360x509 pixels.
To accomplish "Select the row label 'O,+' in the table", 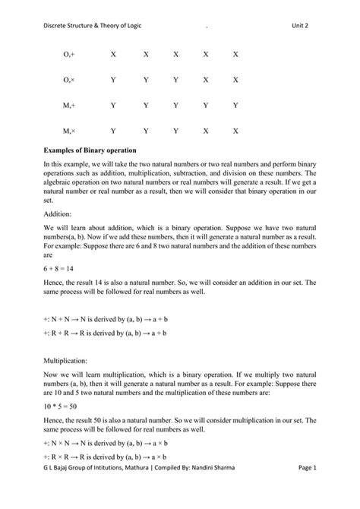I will (69, 55).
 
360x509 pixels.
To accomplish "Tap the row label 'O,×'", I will (69, 80).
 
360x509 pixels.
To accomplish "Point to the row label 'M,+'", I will (69, 106).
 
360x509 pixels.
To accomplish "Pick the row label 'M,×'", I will (69, 131).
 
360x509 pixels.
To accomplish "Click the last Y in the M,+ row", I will (235, 106).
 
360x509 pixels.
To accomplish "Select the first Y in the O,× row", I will (112, 80).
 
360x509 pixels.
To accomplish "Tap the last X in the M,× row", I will (235, 131).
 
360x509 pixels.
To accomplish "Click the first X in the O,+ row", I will (112, 55).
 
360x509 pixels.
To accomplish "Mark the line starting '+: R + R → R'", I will (106, 333).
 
